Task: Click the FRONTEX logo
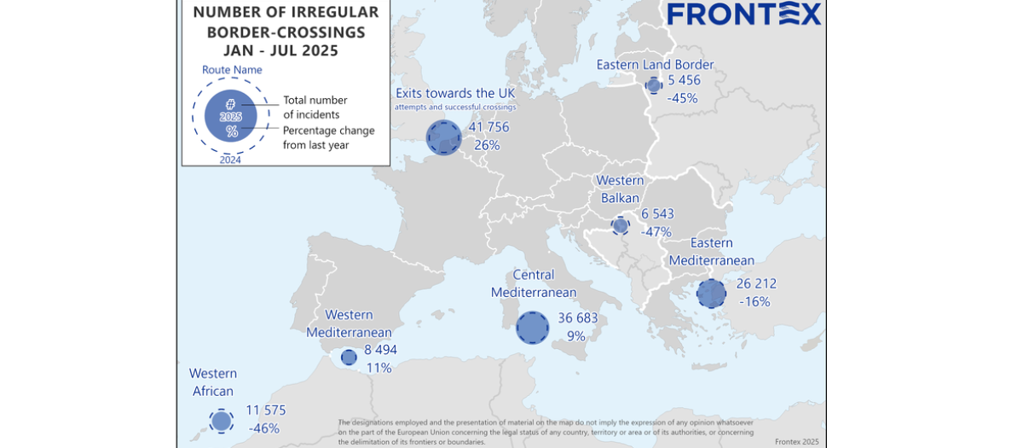(743, 14)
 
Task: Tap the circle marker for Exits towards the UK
(443, 137)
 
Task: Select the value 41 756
(488, 127)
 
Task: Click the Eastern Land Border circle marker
(654, 85)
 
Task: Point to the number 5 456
(685, 80)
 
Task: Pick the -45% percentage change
(683, 98)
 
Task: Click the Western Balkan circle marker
(621, 225)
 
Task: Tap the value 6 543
(657, 213)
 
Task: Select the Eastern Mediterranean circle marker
(711, 294)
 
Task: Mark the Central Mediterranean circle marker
(533, 328)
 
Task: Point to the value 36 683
(578, 318)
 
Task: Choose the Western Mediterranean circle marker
(349, 358)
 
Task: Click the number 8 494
(380, 349)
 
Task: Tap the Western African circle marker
(222, 421)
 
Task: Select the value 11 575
(265, 410)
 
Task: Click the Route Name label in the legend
(232, 70)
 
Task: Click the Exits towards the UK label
(455, 93)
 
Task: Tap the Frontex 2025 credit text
(796, 441)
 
